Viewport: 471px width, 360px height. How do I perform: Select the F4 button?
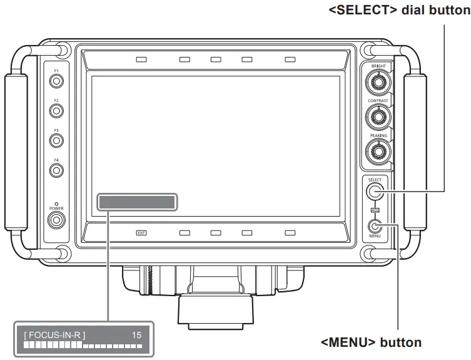(x=56, y=170)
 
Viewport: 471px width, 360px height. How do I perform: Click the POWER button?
(x=56, y=220)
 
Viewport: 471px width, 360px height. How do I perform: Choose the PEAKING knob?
(x=378, y=150)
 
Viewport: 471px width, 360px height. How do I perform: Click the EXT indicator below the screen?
(x=141, y=233)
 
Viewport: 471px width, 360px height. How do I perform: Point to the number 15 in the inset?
(x=137, y=336)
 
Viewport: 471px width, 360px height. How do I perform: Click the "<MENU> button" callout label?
(x=371, y=342)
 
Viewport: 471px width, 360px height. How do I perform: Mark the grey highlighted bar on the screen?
(x=137, y=202)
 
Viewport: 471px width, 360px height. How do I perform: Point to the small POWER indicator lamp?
(x=56, y=203)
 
